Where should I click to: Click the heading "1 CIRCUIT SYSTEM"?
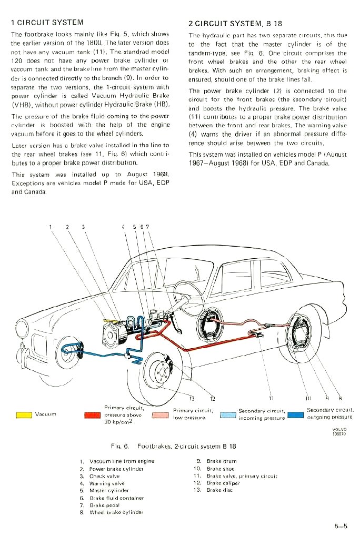[x=47, y=23]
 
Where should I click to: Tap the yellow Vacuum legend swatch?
[x=24, y=414]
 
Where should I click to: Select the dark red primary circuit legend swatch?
[x=92, y=415]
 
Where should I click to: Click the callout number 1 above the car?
[x=51, y=227]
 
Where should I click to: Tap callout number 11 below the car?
[x=272, y=398]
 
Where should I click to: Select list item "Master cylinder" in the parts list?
[x=109, y=490]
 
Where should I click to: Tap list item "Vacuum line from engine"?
[x=122, y=461]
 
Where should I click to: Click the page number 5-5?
[x=341, y=525]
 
